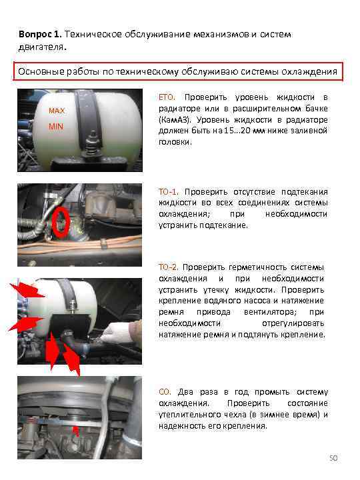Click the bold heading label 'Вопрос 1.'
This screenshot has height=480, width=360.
pos(40,34)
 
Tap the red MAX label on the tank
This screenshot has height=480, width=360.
pos(57,111)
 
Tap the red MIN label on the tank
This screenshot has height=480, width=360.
pos(56,127)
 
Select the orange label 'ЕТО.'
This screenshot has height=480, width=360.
pos(167,97)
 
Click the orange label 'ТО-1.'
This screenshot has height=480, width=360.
pos(169,192)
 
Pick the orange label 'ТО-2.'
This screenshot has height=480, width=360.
pos(168,267)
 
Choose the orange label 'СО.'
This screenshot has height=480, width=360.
pos(165,392)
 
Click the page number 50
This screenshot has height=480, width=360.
pos(333,458)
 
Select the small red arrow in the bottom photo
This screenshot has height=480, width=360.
pos(75,431)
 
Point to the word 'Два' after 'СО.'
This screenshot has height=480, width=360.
pos(185,392)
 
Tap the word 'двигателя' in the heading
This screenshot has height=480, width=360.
pos(41,47)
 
